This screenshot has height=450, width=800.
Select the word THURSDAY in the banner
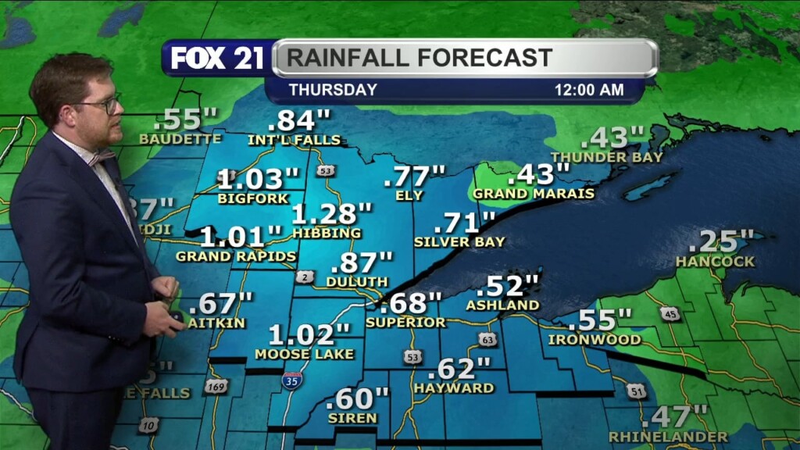coord(333,90)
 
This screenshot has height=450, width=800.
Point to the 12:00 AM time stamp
coord(589,90)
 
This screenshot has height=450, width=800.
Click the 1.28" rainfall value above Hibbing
coord(332,213)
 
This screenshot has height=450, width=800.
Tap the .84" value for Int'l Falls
coord(299,121)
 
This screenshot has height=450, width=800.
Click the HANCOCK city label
coord(715,261)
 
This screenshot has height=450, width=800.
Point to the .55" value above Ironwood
coord(599,320)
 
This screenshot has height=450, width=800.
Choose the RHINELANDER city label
coord(668,436)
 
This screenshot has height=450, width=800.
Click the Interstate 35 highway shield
coord(292,382)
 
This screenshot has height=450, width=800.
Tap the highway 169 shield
coord(216,386)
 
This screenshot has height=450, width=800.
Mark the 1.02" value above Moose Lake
coord(309,335)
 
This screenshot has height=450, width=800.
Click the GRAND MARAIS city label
coord(534,193)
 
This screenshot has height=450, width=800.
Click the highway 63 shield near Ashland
coord(487,339)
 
